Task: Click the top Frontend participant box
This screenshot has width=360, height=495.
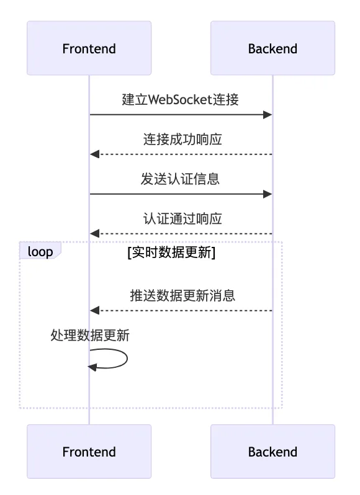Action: [x=89, y=48]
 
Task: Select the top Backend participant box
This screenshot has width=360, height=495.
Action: [x=272, y=48]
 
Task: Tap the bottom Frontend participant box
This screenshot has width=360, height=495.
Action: [x=89, y=452]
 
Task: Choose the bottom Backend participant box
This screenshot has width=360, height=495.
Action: [x=272, y=452]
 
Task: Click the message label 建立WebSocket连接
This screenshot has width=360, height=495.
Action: [x=181, y=99]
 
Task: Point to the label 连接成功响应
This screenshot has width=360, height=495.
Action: [x=182, y=139]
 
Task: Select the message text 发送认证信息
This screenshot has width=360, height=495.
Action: [x=180, y=179]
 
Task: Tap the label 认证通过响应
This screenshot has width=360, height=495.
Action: [x=182, y=218]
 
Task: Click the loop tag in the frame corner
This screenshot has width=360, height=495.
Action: [x=40, y=251]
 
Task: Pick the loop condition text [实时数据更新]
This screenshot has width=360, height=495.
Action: [x=171, y=252]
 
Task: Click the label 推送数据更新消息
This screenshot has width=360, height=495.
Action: [x=182, y=295]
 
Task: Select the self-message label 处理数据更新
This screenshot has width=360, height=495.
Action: [x=90, y=335]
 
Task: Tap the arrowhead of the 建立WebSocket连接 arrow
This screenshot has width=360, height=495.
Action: [x=268, y=115]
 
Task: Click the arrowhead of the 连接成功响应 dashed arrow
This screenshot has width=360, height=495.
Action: [x=94, y=154]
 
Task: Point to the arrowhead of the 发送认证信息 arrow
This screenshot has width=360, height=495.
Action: [x=268, y=194]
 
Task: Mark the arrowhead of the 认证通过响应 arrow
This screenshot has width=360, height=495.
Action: [x=94, y=234]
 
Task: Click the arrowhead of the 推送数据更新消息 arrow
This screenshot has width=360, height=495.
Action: [x=94, y=311]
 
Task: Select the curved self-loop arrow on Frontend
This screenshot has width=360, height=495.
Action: [x=127, y=359]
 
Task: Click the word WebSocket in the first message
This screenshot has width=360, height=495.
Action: [x=181, y=99]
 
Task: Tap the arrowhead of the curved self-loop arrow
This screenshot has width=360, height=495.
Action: [x=92, y=367]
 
